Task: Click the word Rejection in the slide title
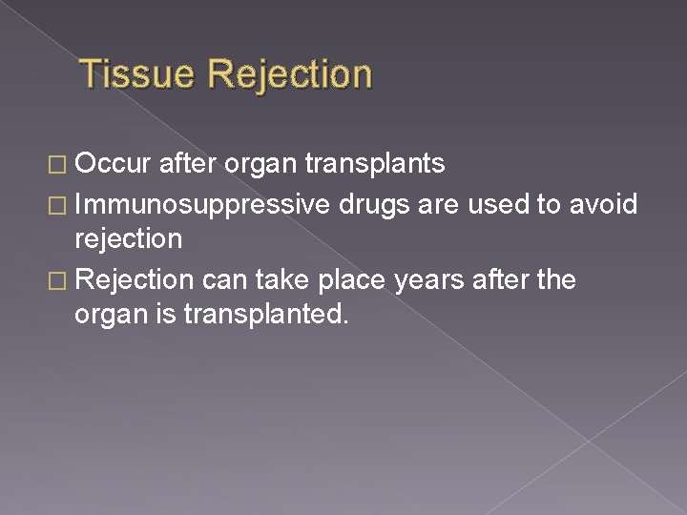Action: coord(288,74)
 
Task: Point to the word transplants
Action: coord(375,164)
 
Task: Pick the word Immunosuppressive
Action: coord(202,202)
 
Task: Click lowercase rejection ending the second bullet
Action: coord(128,238)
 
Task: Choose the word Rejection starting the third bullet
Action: coord(134,279)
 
